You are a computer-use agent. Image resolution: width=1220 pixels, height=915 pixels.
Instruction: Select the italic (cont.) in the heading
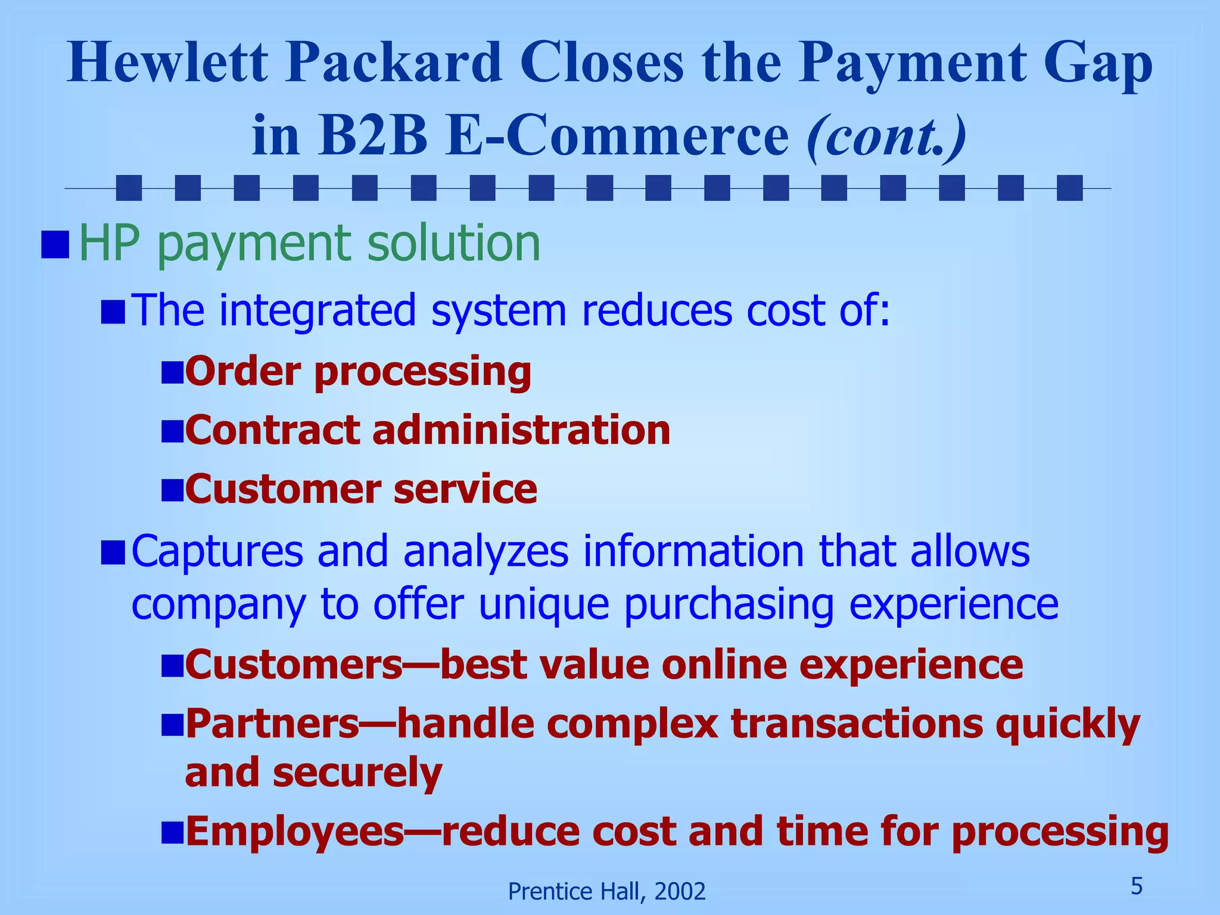(x=886, y=136)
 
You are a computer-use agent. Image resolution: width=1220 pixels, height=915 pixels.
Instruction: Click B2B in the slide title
(x=372, y=136)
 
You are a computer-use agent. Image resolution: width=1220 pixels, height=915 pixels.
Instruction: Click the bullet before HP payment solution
(x=55, y=245)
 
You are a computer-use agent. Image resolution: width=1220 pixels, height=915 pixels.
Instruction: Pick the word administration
(x=521, y=430)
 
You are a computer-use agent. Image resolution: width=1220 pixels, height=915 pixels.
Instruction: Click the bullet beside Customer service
(x=172, y=490)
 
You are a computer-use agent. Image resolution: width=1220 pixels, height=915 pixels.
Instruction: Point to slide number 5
(x=1137, y=886)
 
